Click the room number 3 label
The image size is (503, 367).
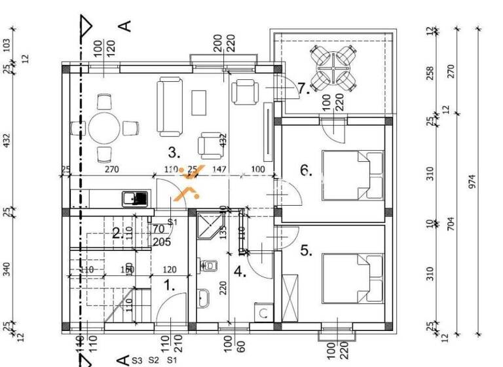tap(173, 153)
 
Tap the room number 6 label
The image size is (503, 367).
tap(306, 172)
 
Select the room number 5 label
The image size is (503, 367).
tap(306, 250)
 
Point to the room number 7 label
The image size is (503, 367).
tap(303, 88)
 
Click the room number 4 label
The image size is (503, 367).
tap(240, 272)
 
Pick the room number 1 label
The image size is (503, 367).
tap(168, 285)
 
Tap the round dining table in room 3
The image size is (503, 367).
tap(104, 128)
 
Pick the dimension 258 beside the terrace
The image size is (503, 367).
tap(430, 72)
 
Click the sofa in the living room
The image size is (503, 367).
tap(170, 106)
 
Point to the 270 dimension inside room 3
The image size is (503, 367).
tap(111, 170)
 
